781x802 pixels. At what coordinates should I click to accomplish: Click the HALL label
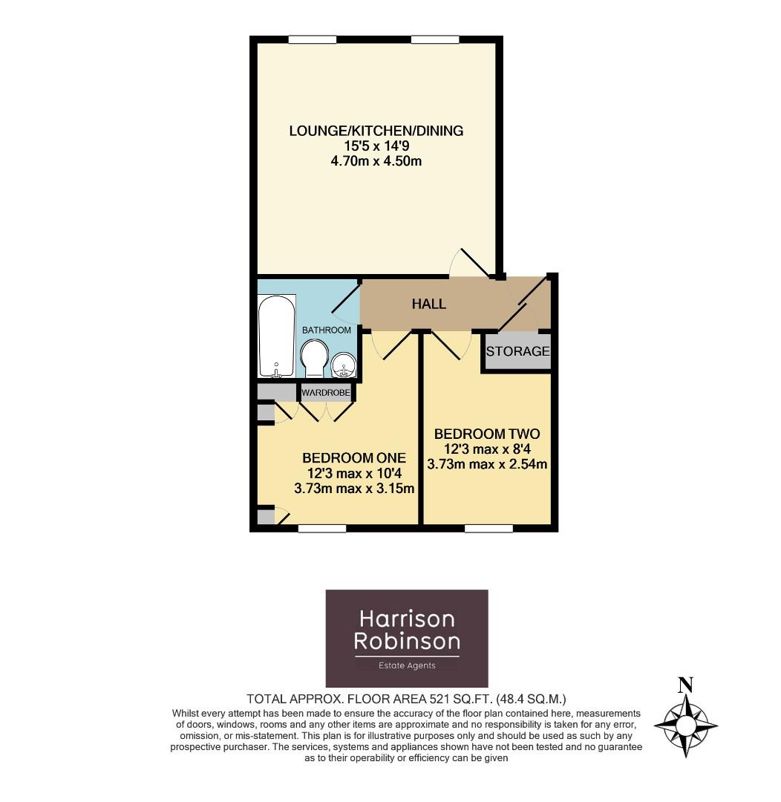click(429, 304)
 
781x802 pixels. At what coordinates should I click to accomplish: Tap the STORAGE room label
click(518, 351)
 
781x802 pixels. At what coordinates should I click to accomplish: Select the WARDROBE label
click(325, 391)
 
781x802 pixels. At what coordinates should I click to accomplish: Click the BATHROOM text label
click(326, 330)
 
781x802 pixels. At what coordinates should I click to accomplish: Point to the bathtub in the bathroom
click(277, 336)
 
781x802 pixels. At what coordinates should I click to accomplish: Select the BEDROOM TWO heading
click(487, 434)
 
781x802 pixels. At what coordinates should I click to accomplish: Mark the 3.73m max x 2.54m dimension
click(487, 465)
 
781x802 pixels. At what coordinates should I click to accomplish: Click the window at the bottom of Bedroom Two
click(488, 529)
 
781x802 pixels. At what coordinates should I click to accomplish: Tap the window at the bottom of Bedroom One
click(322, 529)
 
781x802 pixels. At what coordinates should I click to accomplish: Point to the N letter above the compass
click(686, 685)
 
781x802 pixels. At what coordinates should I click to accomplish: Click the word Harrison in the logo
click(407, 618)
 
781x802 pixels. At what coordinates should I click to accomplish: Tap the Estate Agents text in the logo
click(407, 665)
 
